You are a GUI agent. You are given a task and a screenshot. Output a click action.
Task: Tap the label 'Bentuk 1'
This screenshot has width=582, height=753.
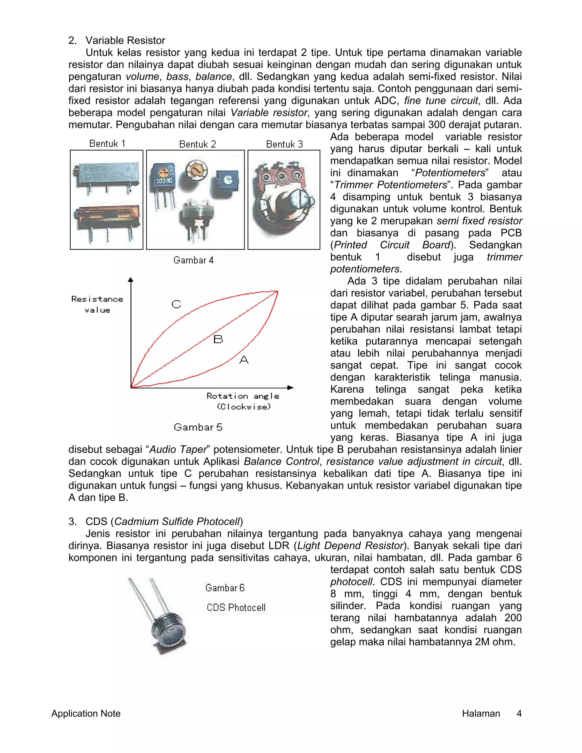coord(107,143)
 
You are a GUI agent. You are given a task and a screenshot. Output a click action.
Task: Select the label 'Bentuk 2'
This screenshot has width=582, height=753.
coord(197,144)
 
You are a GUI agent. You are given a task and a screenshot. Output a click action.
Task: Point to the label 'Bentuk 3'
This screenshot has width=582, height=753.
coord(284,144)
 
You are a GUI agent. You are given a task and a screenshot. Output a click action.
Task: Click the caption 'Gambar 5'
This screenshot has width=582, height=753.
coord(198,427)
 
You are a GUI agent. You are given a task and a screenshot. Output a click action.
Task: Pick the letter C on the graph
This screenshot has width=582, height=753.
coord(176,304)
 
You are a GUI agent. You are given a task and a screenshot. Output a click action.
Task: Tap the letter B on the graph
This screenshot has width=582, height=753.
coord(218,339)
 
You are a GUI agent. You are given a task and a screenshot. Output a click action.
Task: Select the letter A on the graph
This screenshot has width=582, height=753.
coord(244,360)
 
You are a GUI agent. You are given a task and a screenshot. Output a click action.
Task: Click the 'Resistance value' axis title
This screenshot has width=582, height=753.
coord(97,304)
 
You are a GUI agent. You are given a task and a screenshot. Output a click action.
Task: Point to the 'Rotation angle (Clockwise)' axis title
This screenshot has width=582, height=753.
coord(243,401)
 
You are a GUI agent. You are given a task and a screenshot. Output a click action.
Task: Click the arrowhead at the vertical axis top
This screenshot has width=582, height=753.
coord(130,280)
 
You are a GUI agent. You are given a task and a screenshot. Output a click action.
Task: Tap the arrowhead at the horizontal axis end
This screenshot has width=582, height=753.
coord(290,388)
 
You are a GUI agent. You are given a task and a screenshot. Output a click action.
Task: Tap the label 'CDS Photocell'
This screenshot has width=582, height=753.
coord(236,608)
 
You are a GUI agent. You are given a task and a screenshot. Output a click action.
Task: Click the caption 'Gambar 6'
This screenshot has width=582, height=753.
coord(225,588)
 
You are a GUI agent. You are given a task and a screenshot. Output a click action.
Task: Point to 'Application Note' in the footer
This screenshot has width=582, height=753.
coord(86,713)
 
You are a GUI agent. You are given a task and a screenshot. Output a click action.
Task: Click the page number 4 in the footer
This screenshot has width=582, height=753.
coord(519,713)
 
